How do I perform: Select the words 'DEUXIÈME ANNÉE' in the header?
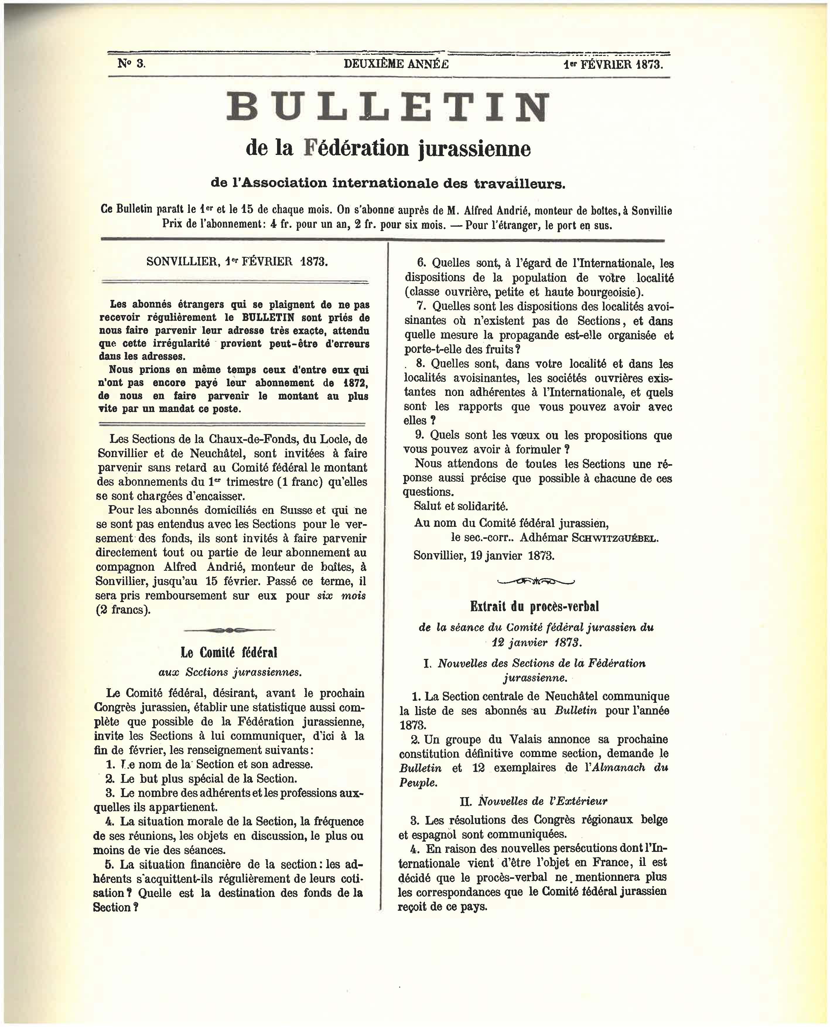click(x=396, y=64)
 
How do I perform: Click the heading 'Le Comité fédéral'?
click(x=229, y=652)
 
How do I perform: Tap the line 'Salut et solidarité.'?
click(x=461, y=506)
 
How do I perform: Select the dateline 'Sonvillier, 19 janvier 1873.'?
click(x=484, y=556)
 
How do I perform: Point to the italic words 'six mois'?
click(x=341, y=596)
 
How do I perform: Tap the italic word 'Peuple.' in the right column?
click(x=418, y=783)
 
